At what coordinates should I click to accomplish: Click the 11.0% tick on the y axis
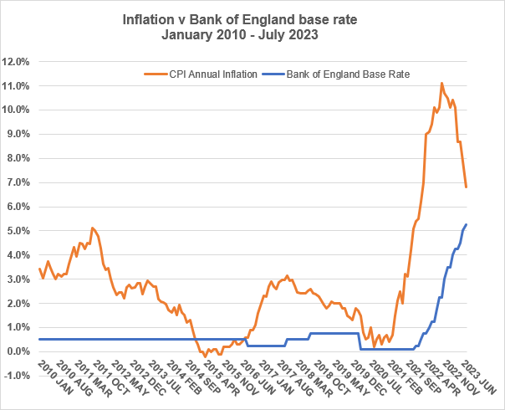(17, 85)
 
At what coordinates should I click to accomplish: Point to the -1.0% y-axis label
(17, 376)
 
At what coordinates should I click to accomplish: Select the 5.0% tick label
(18, 231)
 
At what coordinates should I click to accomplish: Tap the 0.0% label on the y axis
(18, 351)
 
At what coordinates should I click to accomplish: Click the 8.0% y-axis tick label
(18, 158)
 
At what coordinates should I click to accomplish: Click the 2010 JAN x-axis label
(53, 381)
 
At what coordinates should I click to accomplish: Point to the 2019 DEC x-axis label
(371, 381)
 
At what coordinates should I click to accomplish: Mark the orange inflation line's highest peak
(441, 83)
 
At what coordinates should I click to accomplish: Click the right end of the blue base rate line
(466, 224)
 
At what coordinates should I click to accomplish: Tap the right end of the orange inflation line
(466, 187)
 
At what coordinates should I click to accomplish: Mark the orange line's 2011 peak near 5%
(92, 228)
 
